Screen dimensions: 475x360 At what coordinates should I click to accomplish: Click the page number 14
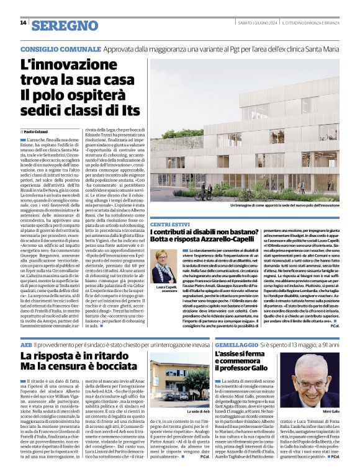23,23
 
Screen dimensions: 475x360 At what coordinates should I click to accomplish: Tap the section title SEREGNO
65,25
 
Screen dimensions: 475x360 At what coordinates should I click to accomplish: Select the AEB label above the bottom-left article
26,344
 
